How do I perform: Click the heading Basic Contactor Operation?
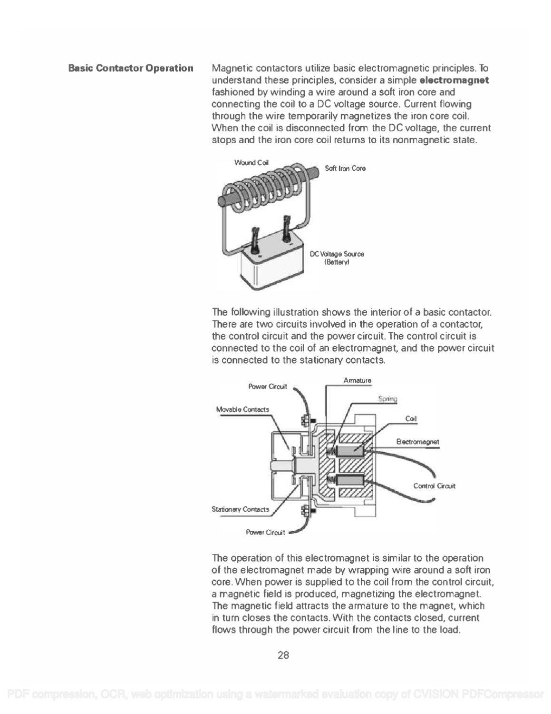131,68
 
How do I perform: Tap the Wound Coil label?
251,163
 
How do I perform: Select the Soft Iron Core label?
345,169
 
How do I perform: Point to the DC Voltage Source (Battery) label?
337,258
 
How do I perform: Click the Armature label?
357,380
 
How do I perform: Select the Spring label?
387,399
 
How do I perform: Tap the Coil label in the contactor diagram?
411,419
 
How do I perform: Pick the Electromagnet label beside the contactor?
417,442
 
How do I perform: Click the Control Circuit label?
434,486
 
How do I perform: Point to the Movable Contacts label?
242,409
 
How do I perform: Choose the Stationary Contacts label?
240,509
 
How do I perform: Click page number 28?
283,655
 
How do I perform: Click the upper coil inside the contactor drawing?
352,449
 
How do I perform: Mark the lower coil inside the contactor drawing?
352,480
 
